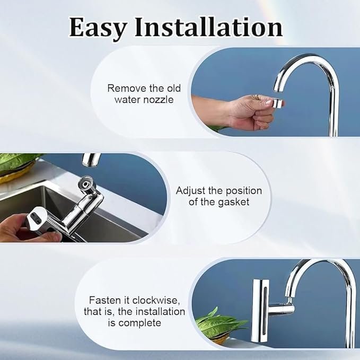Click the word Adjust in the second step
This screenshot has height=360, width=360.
click(192, 191)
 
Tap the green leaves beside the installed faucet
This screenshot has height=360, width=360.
click(217, 323)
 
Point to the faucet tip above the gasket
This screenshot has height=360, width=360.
click(91, 159)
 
